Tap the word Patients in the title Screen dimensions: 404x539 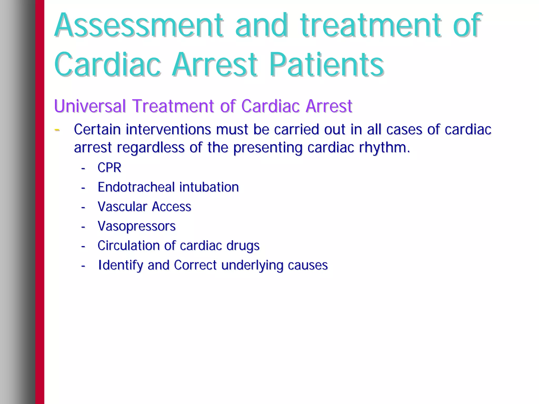[x=326, y=64]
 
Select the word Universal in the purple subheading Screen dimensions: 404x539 [x=90, y=106]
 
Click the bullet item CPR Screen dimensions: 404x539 [x=109, y=167]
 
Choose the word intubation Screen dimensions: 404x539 [x=209, y=187]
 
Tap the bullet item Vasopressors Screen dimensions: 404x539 [x=136, y=226]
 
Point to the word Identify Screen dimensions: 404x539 [x=120, y=265]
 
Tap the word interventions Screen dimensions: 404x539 [x=168, y=129]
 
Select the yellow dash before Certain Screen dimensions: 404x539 [x=57, y=130]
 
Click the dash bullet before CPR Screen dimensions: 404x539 [x=83, y=168]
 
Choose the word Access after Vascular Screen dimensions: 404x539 [x=171, y=206]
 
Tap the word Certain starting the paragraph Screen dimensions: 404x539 [x=97, y=129]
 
